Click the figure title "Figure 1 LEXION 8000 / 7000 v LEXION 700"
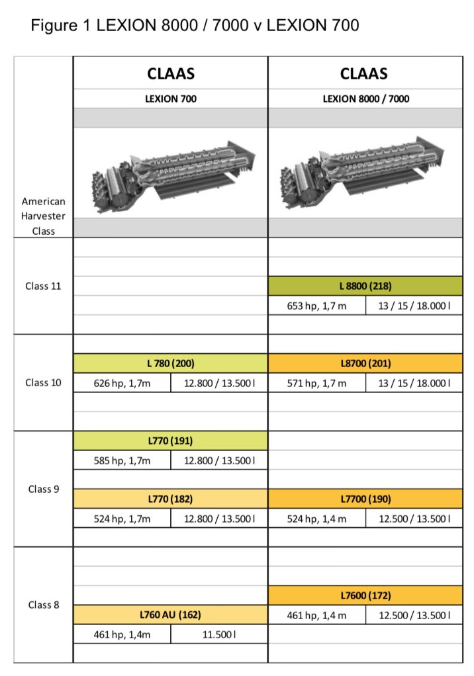[195, 25]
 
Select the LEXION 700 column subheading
[171, 99]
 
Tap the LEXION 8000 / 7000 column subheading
[365, 99]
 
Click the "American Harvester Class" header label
[43, 216]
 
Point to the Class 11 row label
[43, 286]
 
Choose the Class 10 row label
[43, 382]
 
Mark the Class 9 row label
[44, 489]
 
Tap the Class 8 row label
[44, 605]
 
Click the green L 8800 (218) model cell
[365, 286]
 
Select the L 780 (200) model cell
[170, 363]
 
